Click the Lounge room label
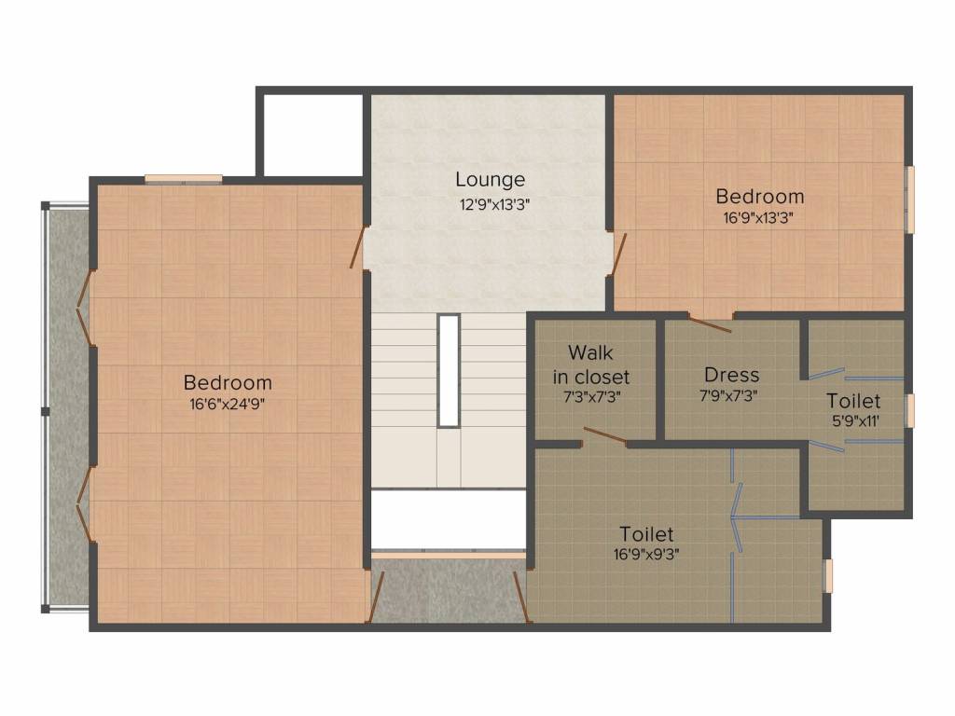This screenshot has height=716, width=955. [491, 179]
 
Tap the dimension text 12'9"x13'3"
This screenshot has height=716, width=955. [494, 204]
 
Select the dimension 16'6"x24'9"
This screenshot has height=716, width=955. [228, 405]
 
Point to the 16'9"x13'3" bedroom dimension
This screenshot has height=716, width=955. [758, 217]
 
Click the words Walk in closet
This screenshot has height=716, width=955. [590, 365]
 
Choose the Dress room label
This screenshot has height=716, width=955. [731, 375]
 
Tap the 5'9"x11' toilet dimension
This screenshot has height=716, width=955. [856, 420]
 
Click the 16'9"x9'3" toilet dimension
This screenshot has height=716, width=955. [647, 554]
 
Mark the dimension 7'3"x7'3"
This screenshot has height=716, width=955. [591, 397]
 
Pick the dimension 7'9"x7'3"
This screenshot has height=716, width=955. [728, 395]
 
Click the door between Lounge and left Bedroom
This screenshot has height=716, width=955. [357, 247]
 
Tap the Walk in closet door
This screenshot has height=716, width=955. [604, 436]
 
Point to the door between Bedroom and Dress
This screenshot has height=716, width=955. [710, 324]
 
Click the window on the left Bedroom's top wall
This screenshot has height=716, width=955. [184, 178]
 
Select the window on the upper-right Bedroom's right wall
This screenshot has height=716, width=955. [910, 200]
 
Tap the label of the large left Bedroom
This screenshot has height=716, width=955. [228, 382]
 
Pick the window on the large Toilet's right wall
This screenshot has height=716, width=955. [828, 576]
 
